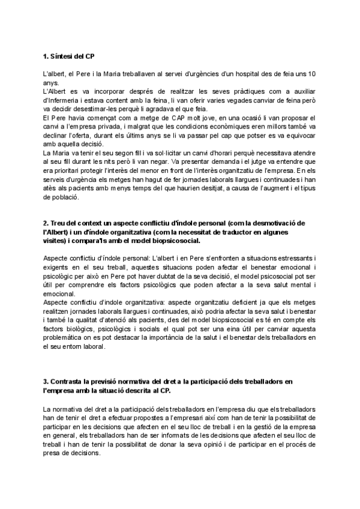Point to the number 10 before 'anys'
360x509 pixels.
[x=312, y=74]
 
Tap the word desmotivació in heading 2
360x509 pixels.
[x=272, y=223]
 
